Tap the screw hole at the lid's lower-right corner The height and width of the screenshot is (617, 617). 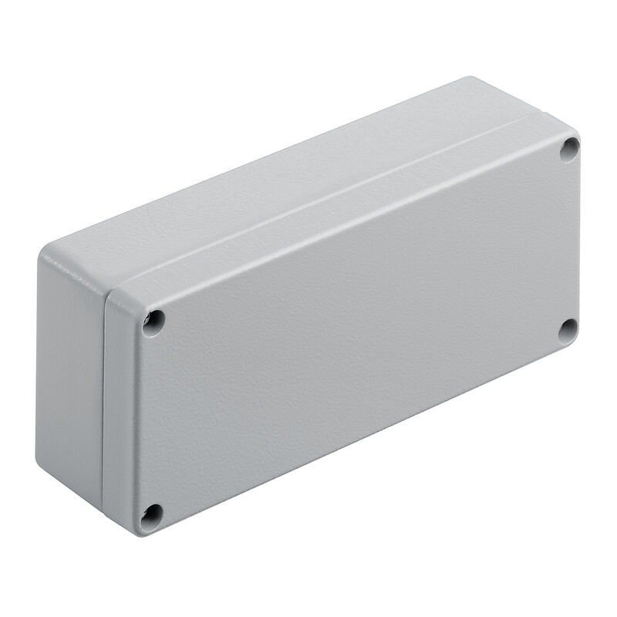pyautogui.click(x=568, y=329)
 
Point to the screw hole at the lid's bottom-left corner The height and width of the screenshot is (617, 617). pyautogui.click(x=151, y=514)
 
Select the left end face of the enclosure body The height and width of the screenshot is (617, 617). pyautogui.click(x=69, y=370)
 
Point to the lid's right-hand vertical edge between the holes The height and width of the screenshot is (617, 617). pyautogui.click(x=578, y=239)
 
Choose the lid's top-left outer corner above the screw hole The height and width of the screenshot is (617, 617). pyautogui.click(x=123, y=292)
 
